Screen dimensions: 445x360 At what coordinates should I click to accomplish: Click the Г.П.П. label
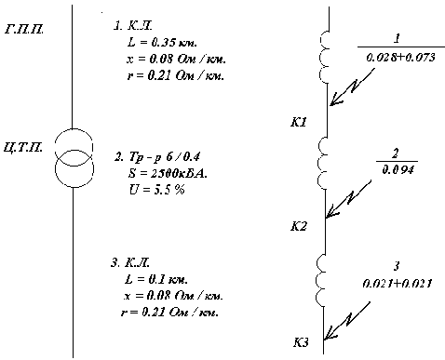[x=24, y=30]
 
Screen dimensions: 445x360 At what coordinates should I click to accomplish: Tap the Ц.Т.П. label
[x=23, y=147]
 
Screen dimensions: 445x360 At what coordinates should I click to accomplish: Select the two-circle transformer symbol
[x=74, y=158]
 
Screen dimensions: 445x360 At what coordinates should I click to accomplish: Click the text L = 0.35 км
[x=162, y=42]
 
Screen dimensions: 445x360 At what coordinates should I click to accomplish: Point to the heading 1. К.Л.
[x=133, y=26]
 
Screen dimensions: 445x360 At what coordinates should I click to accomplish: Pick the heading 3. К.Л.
[x=130, y=262]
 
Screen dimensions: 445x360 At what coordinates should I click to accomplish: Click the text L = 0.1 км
[x=156, y=279]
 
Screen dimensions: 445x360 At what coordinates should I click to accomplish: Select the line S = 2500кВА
[x=168, y=173]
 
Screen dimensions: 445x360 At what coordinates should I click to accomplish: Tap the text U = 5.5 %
[x=156, y=190]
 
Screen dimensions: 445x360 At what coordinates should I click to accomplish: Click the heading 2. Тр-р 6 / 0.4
[x=157, y=157]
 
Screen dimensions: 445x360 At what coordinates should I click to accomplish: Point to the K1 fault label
[x=299, y=122]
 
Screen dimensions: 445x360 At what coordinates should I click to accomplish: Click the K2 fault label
[x=299, y=227]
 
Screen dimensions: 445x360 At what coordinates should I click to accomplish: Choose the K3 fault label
[x=301, y=342]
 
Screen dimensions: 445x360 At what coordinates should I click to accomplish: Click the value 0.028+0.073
[x=401, y=57]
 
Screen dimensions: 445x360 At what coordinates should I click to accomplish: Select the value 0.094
[x=398, y=169]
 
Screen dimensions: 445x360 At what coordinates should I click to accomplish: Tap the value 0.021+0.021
[x=398, y=283]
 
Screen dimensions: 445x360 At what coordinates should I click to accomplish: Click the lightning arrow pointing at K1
[x=352, y=87]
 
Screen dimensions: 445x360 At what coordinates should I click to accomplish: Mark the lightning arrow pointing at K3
[x=347, y=321]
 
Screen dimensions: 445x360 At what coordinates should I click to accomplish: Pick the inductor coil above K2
[x=322, y=163]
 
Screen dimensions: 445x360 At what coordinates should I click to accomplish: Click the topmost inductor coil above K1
[x=324, y=57]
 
